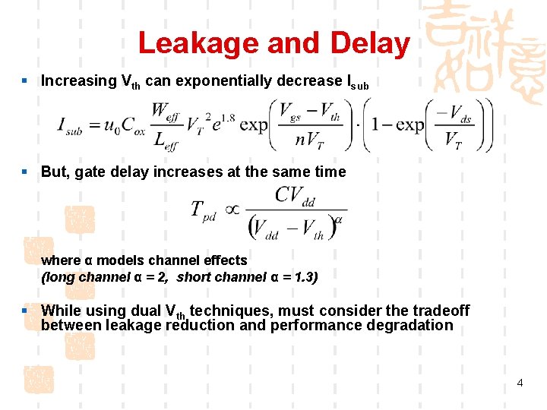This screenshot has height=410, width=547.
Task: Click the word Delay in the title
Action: pyautogui.click(x=370, y=43)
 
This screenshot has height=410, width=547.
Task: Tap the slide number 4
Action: pyautogui.click(x=520, y=383)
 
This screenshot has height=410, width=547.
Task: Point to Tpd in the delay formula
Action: pyautogui.click(x=203, y=210)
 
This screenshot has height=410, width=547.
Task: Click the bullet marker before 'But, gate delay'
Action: pyautogui.click(x=25, y=172)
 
